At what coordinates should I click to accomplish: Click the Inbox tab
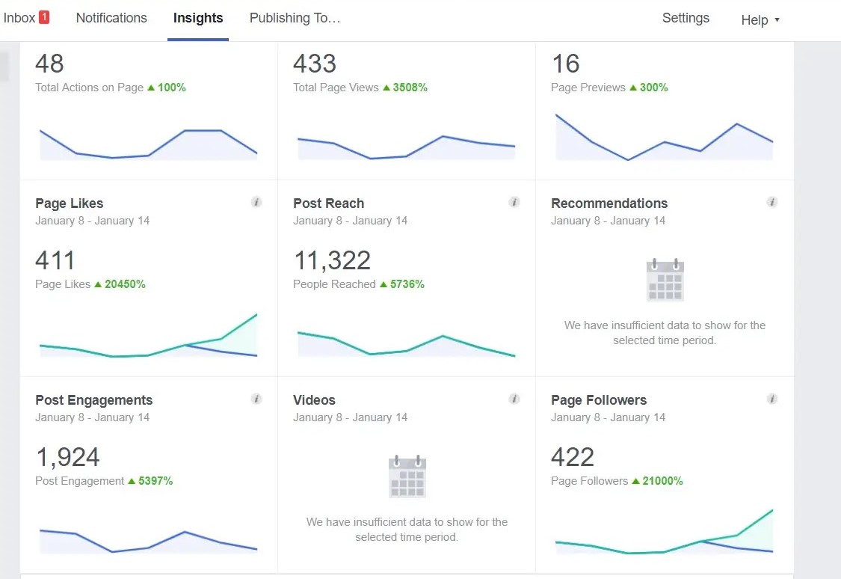(19, 18)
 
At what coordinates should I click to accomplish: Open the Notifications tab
(111, 18)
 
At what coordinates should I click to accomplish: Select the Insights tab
(198, 18)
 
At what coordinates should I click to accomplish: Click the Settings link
(686, 18)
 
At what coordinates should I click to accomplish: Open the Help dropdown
(760, 20)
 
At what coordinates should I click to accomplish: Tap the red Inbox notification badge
(44, 17)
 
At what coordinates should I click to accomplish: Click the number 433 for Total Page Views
(315, 64)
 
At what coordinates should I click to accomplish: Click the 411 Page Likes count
(55, 260)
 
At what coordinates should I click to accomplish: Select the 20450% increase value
(124, 284)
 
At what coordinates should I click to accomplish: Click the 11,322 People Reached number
(332, 260)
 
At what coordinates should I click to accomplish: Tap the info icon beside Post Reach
(514, 202)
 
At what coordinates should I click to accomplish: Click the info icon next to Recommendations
(772, 202)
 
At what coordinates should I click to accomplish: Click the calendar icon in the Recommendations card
(665, 281)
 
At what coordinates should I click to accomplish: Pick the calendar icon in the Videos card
(407, 477)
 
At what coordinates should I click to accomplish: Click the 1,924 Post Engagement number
(67, 457)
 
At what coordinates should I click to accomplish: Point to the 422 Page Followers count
(573, 457)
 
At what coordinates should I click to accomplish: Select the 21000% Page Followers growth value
(662, 481)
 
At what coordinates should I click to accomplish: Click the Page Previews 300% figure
(653, 88)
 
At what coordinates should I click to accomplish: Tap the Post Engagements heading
(93, 400)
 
